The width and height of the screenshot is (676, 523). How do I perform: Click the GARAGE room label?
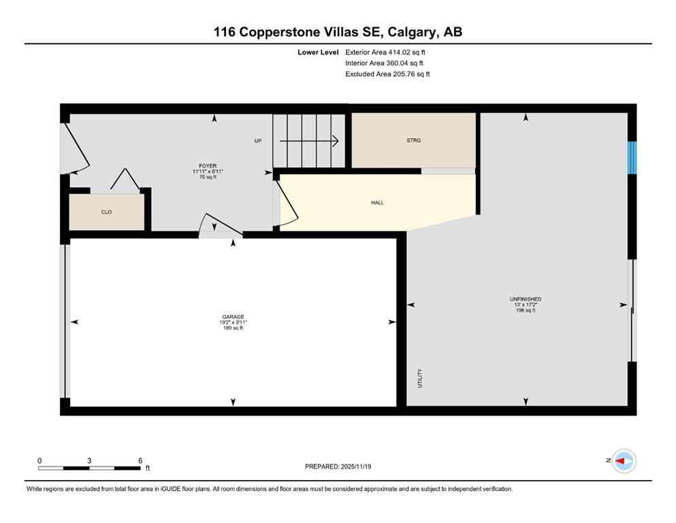(233, 317)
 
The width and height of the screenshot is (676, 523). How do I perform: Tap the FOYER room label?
(207, 165)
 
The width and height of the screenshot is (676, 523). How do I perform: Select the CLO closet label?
(106, 212)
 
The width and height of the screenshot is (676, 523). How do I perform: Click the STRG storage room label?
(413, 140)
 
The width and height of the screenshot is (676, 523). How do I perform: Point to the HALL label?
(377, 202)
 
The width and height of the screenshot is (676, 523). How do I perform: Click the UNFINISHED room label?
(525, 299)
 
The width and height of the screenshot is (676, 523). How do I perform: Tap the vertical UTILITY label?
(420, 379)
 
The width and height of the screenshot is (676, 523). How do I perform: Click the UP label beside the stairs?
(258, 141)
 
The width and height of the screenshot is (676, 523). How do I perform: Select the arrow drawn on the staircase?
(309, 141)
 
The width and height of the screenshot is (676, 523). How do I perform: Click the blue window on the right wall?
(632, 157)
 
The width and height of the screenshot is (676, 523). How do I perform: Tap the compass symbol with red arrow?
(623, 461)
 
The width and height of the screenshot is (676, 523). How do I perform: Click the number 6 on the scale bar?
(140, 460)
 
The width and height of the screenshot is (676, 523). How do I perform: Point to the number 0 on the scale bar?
(39, 460)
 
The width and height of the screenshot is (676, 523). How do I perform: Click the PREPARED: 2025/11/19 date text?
(338, 466)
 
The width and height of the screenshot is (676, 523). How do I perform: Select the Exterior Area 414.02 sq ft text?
(386, 52)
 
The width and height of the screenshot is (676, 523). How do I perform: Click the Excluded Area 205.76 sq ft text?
(387, 74)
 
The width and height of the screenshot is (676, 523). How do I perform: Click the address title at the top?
(338, 32)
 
